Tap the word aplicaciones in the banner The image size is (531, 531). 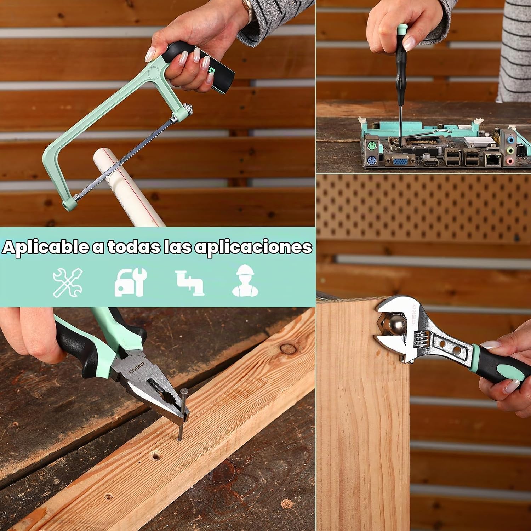point(254,247)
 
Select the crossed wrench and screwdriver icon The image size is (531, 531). point(68,282)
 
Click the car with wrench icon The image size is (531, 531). point(130,282)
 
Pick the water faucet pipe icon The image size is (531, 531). point(189,282)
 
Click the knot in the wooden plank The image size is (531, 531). point(288,349)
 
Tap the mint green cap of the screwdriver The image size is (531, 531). point(401,29)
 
